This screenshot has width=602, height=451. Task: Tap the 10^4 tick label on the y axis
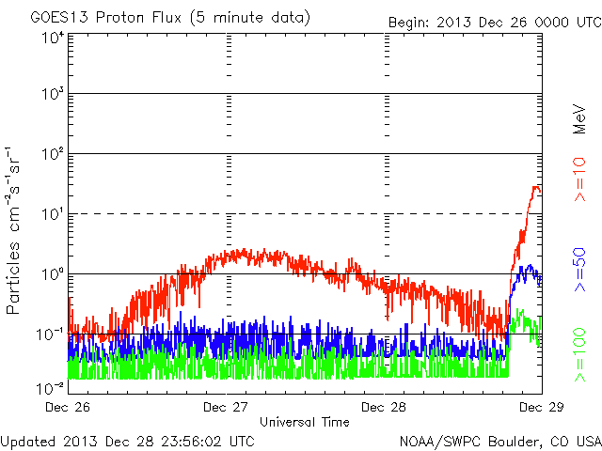52,37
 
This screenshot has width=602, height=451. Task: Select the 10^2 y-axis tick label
52,154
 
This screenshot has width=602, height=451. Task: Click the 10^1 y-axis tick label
52,214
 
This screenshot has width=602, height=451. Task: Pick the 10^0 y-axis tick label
52,274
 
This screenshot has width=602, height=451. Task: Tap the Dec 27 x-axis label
228,408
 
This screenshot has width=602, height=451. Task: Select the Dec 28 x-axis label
385,408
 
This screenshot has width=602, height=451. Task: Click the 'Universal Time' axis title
305,422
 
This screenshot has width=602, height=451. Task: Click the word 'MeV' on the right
580,118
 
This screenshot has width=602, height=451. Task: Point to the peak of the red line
535,187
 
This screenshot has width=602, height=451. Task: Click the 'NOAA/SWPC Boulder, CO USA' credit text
499,440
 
